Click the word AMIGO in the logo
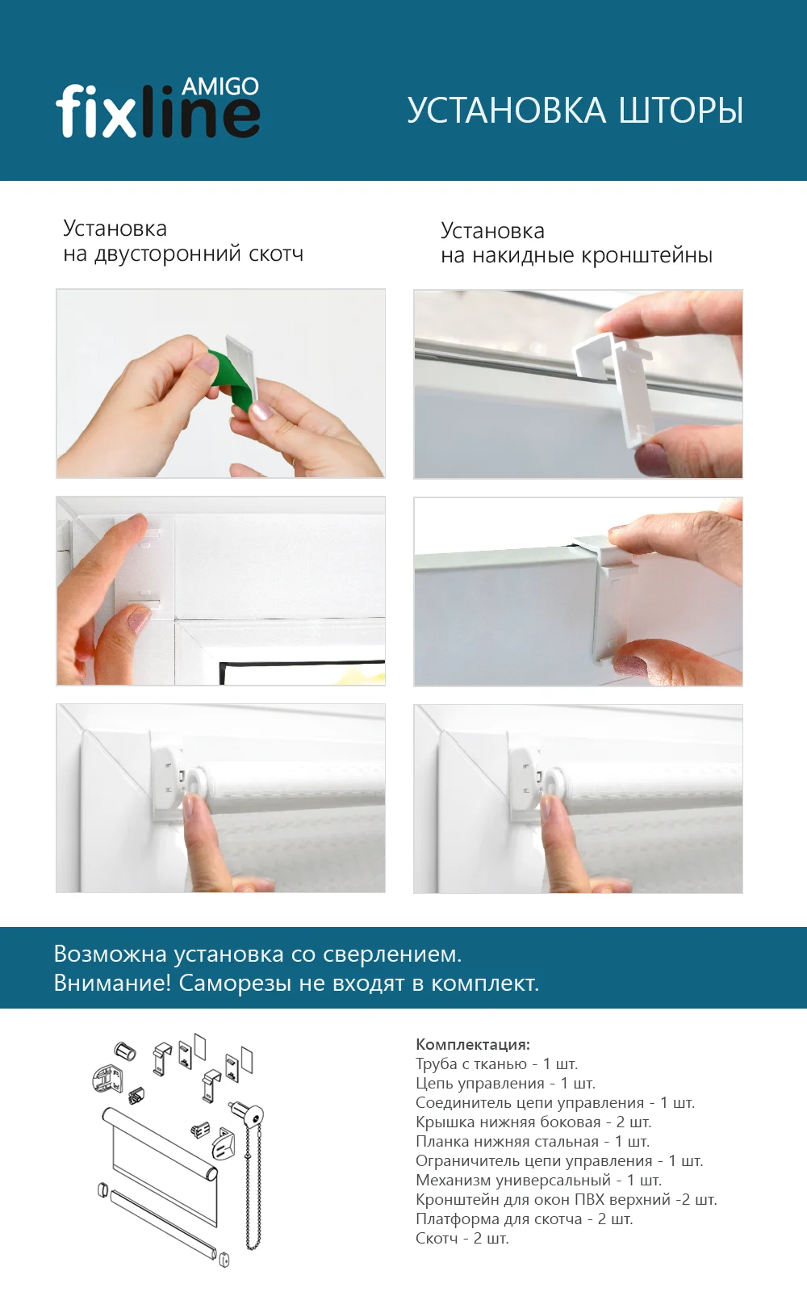[x=220, y=86]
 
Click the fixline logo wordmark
[x=157, y=112]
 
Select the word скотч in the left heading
[x=276, y=254]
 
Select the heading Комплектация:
[x=473, y=1044]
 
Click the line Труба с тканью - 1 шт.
[x=496, y=1063]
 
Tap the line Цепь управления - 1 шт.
[x=505, y=1083]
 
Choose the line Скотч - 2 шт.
[x=462, y=1238]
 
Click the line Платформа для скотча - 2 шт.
[x=524, y=1219]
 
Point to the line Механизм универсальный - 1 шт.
[x=538, y=1180]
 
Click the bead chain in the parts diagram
[x=253, y=1187]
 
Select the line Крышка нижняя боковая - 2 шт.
[x=533, y=1122]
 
